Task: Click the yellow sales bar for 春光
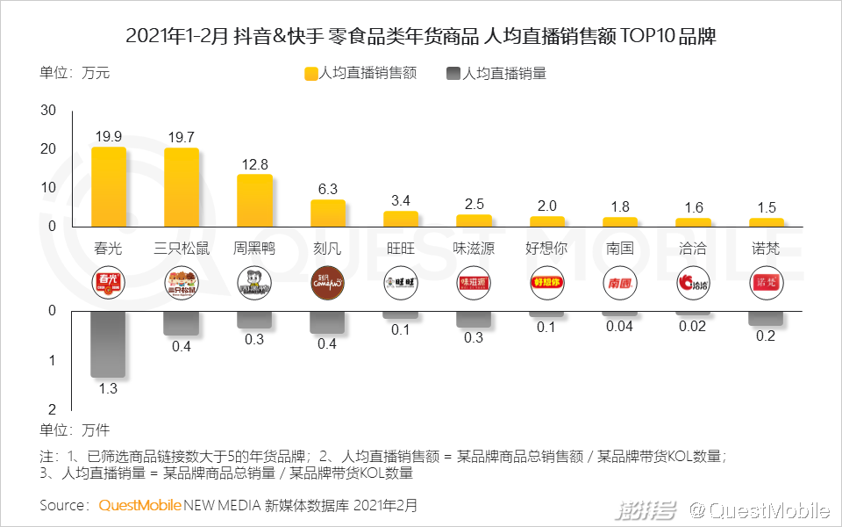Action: coord(109,186)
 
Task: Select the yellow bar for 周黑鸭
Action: coord(254,200)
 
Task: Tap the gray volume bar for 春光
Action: coord(109,344)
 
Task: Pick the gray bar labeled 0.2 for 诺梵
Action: coord(765,318)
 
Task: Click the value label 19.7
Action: coord(182,136)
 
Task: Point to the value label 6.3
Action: coord(327,189)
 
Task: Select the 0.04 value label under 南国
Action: coord(619,327)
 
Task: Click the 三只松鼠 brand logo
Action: coord(182,283)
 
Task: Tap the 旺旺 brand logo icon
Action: coord(401,283)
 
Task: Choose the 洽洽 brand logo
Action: coord(692,283)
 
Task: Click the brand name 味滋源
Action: coord(474,248)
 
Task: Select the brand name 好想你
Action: coord(546,248)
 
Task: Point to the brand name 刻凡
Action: coord(327,248)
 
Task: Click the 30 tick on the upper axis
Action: coord(48,111)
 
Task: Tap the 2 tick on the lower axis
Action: coord(52,409)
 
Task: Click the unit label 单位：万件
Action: coord(75,430)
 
